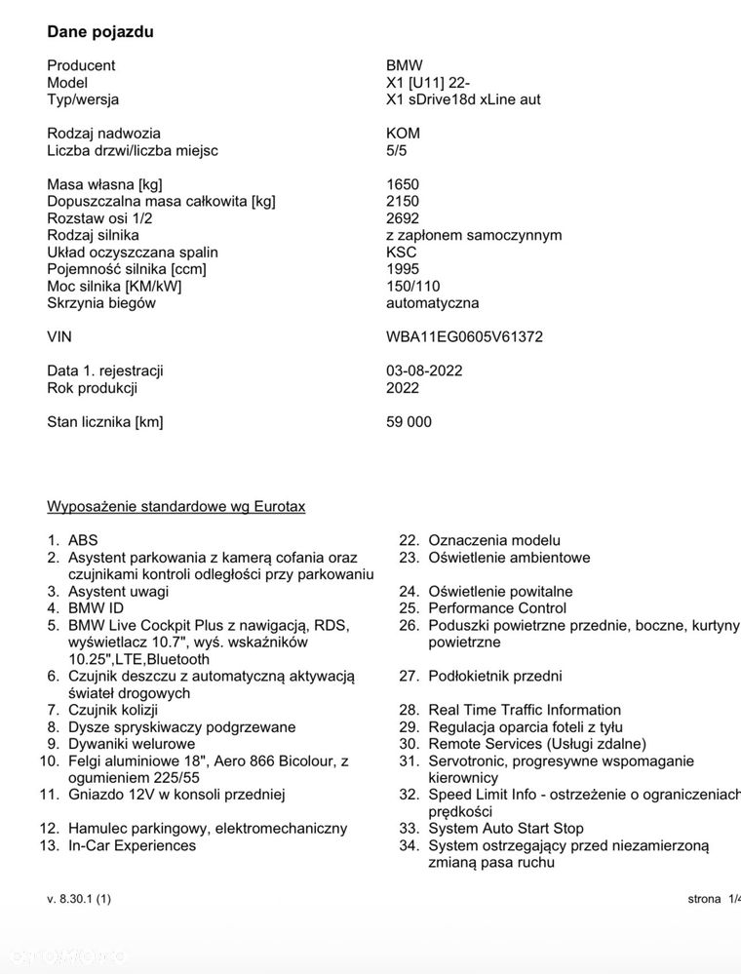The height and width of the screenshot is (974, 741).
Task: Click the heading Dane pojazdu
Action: tap(100, 31)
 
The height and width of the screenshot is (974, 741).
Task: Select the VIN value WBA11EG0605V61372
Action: tap(464, 337)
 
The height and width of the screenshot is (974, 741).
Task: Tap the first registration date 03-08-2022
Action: tap(424, 370)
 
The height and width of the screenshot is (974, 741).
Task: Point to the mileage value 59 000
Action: tap(409, 422)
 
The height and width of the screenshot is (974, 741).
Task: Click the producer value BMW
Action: tap(405, 65)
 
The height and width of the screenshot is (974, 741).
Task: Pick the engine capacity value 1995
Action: tap(403, 269)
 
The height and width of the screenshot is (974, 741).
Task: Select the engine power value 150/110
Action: tap(413, 286)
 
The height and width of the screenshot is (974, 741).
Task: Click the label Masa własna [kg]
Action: tap(104, 184)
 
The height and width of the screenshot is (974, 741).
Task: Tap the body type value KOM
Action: tap(403, 134)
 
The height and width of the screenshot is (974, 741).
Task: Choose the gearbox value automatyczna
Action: tap(432, 303)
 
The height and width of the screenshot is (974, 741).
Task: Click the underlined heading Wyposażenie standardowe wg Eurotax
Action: tap(176, 506)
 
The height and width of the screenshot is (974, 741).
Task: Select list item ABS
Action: tap(83, 540)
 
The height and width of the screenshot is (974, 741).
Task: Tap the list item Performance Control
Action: tap(497, 608)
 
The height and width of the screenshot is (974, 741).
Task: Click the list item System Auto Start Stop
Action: tap(506, 829)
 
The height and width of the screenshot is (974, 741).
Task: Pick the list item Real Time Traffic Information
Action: tap(525, 710)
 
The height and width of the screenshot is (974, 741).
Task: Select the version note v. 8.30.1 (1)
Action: tap(79, 899)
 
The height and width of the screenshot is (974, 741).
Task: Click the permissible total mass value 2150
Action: tap(403, 202)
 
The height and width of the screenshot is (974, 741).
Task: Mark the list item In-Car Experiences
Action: tap(132, 845)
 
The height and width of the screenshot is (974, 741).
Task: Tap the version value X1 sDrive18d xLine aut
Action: tap(463, 99)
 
